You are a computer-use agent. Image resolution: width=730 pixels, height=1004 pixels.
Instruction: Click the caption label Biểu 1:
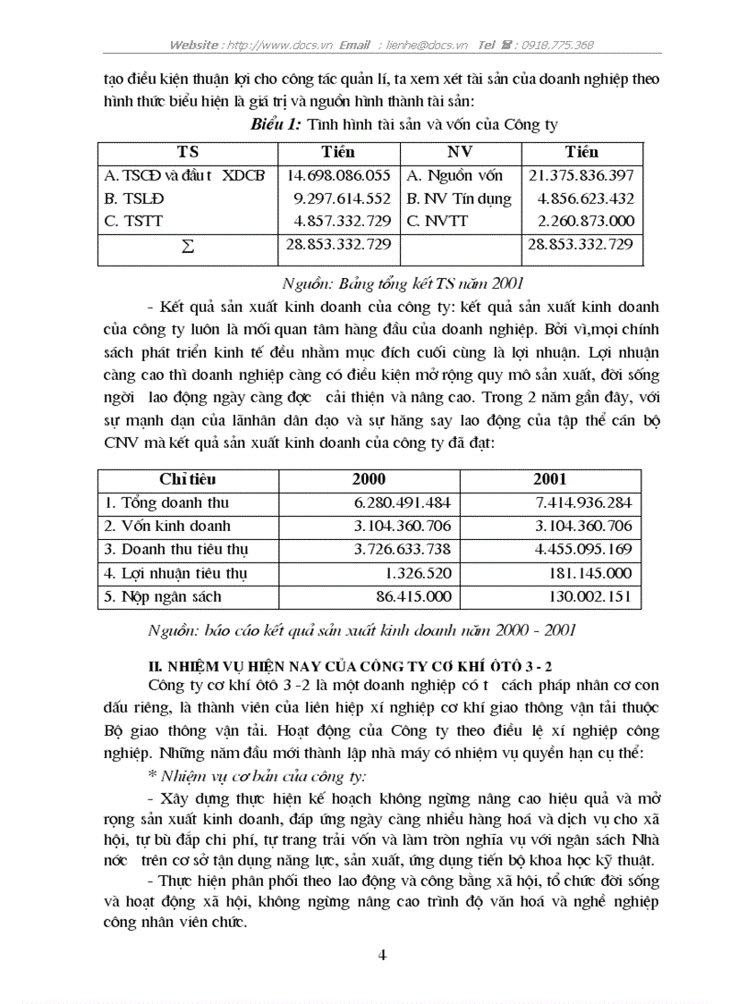click(276, 124)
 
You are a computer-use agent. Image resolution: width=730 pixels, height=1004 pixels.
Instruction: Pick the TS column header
click(188, 152)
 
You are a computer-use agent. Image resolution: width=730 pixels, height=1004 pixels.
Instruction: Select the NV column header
click(460, 152)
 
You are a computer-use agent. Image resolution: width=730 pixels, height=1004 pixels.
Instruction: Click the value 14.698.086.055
click(338, 176)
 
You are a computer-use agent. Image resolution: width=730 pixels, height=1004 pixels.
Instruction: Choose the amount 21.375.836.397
click(581, 176)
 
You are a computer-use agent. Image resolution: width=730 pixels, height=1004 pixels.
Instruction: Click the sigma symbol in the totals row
click(188, 246)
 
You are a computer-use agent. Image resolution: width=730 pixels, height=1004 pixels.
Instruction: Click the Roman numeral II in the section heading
click(153, 666)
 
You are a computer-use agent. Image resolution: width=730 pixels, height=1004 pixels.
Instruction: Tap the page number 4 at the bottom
click(383, 955)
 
